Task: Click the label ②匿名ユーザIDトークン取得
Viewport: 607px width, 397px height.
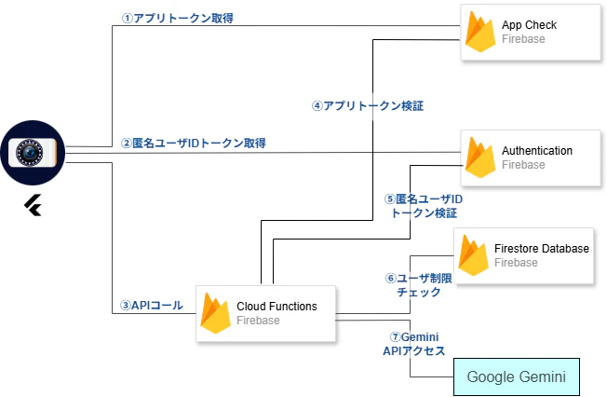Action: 194,143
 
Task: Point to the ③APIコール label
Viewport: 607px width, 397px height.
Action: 151,305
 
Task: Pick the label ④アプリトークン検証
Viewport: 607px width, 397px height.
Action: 361,105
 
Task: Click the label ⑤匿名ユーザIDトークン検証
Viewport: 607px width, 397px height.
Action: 424,206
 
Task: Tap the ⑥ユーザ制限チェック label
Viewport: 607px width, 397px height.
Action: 418,284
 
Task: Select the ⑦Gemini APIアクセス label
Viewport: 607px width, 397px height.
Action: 413,343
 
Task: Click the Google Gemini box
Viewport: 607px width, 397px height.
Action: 516,376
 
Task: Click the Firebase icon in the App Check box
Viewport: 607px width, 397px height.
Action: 480,33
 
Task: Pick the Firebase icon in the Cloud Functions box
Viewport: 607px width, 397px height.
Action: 216,313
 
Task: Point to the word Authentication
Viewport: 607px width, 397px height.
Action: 537,150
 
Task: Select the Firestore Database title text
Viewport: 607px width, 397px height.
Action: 542,249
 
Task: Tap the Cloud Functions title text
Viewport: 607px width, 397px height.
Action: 277,306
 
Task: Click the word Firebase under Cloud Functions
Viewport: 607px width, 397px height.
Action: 258,321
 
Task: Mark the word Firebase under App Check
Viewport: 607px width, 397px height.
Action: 523,40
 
